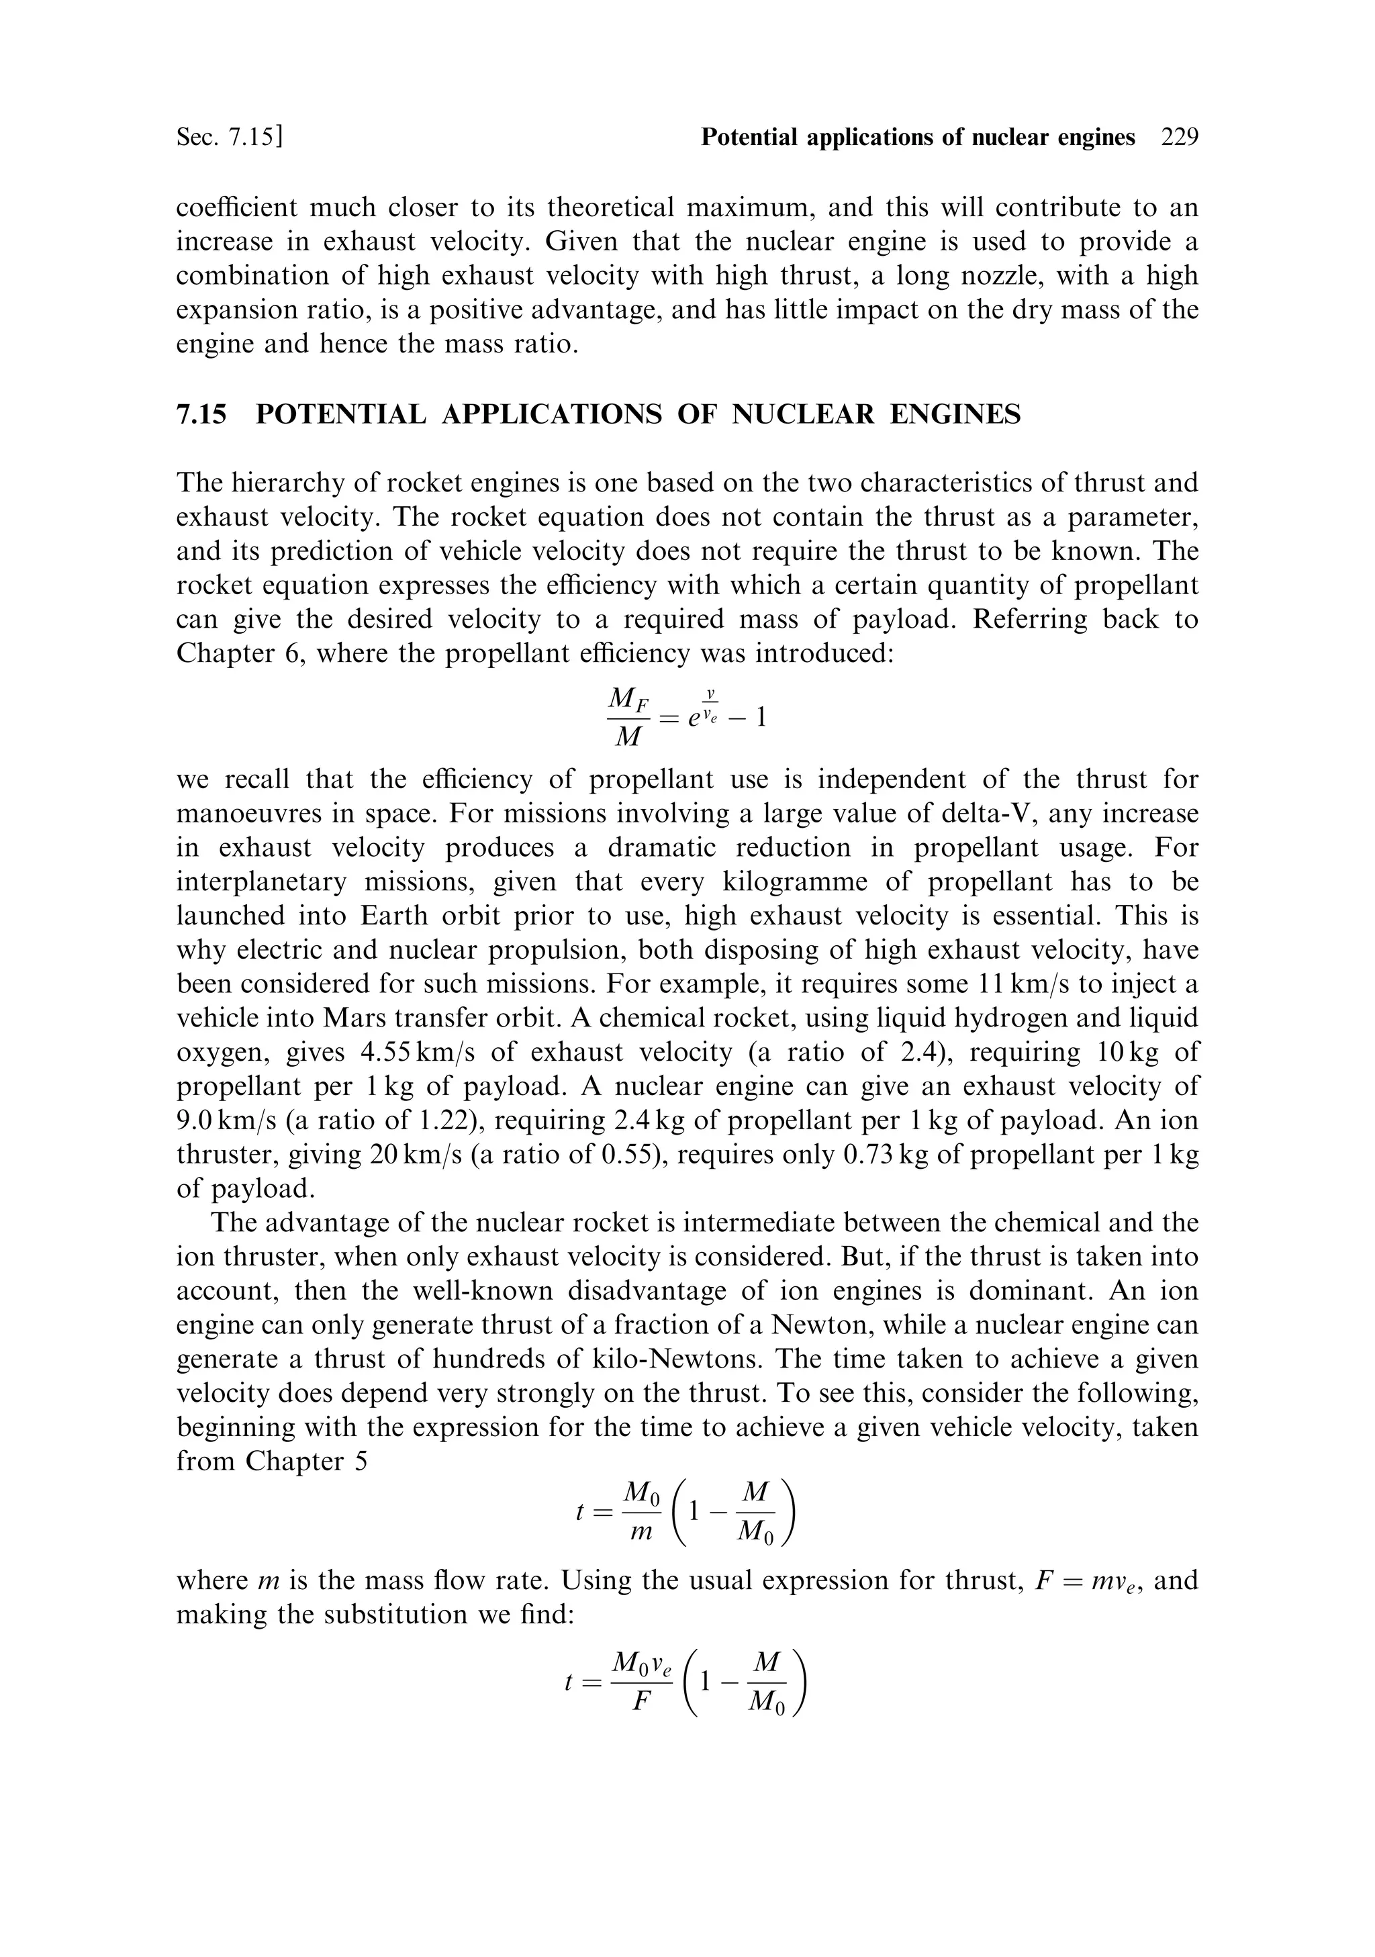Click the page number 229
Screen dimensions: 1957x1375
click(x=1179, y=137)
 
